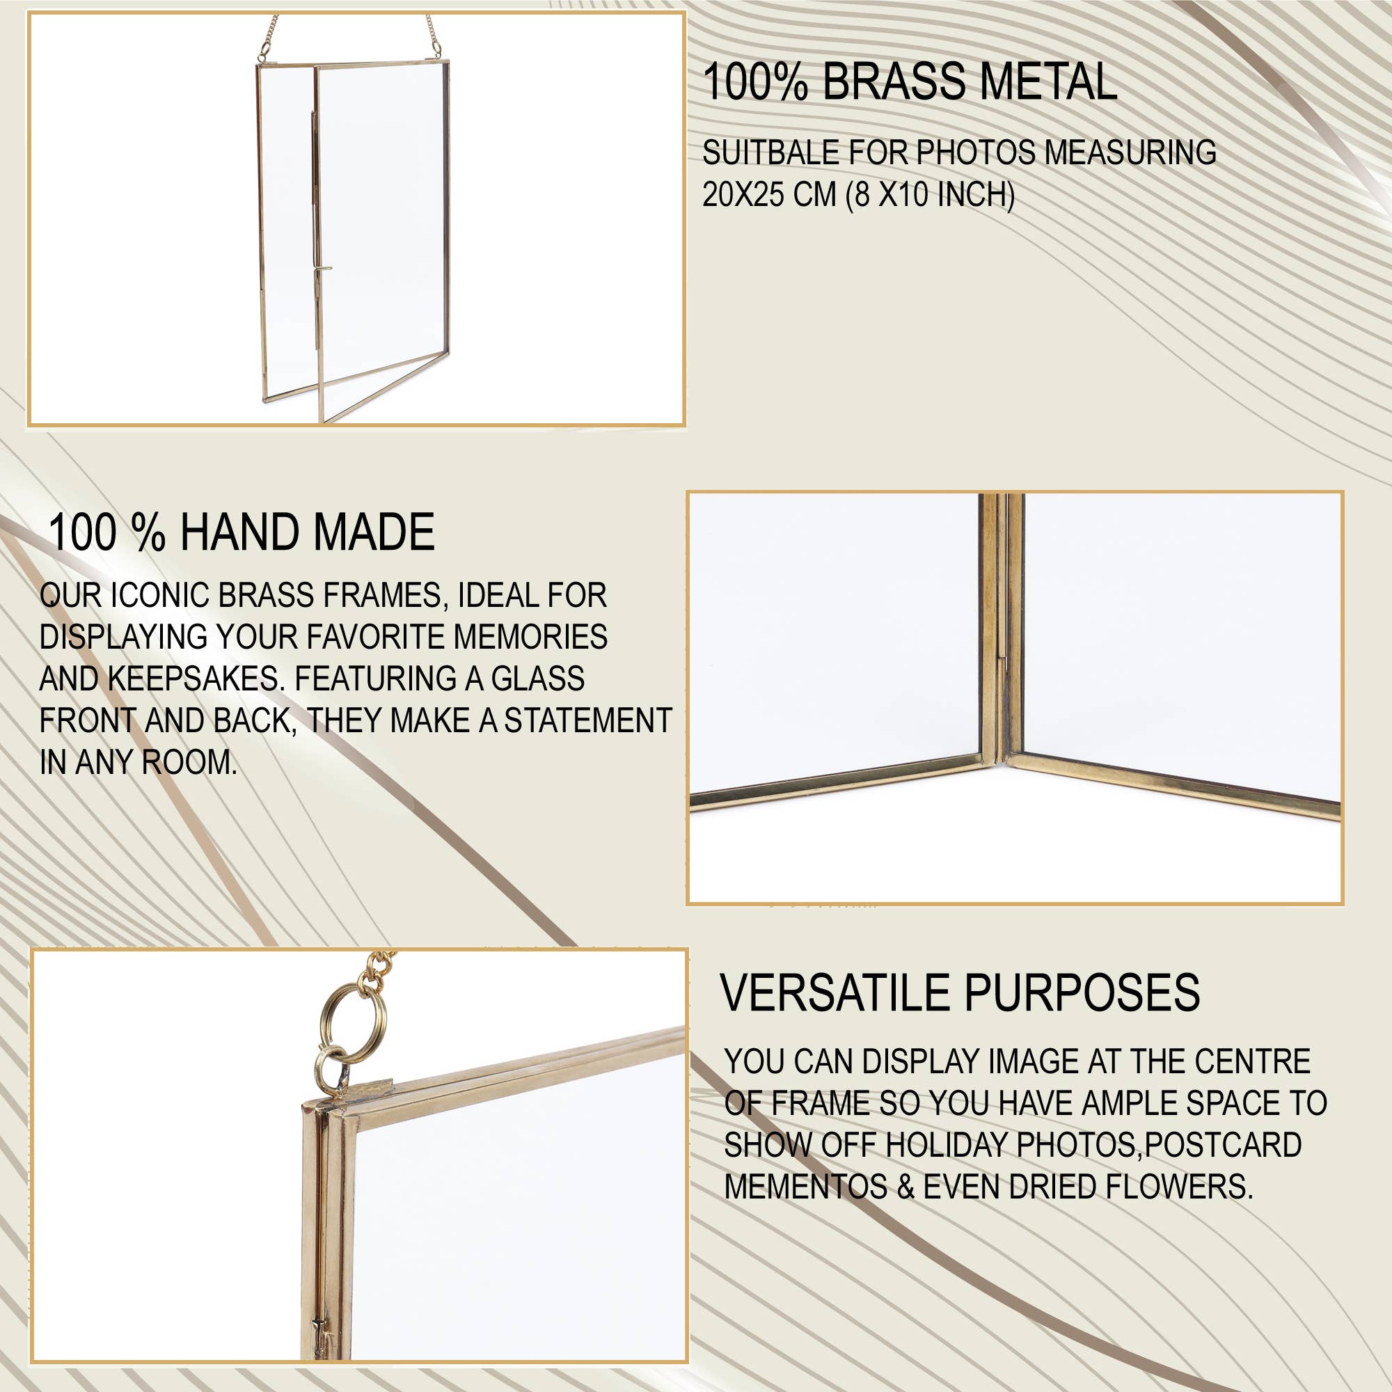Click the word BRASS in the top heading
pos(896,81)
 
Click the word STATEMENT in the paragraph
pos(587,720)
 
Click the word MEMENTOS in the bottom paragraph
pos(805,1187)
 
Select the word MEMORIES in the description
pos(530,637)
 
